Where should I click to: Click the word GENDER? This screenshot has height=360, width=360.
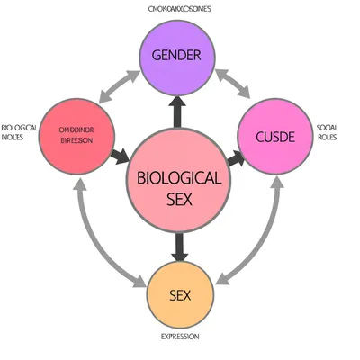(176, 55)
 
